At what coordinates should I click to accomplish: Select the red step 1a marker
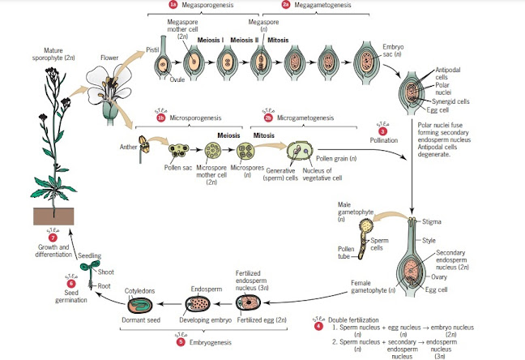[173, 5]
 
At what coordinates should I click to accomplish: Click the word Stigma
[433, 221]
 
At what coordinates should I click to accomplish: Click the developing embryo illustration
[198, 304]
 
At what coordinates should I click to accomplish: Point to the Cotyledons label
[139, 289]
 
